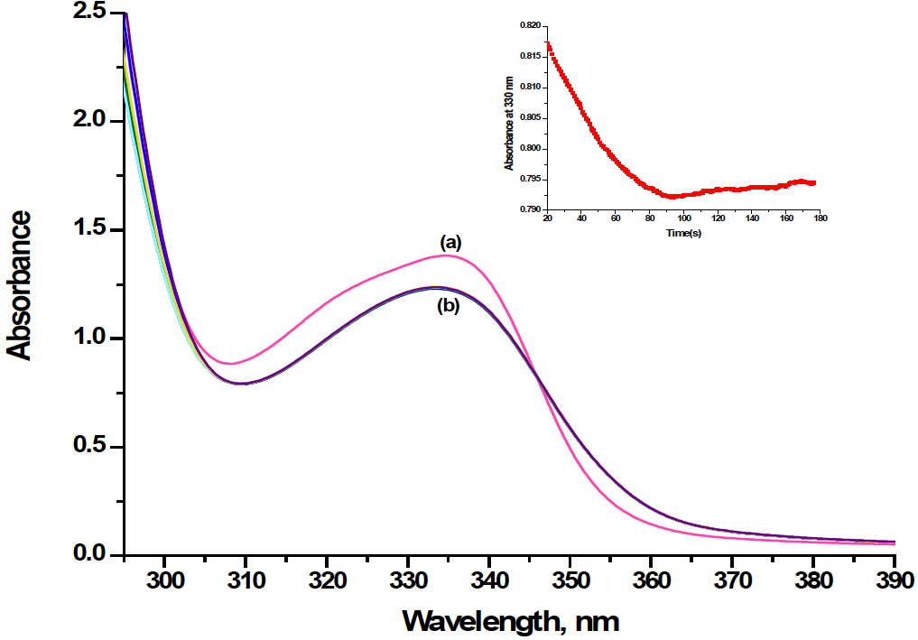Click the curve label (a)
point(449,242)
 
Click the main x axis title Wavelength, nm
point(511,621)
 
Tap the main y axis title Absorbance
point(20,284)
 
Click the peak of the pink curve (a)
point(446,255)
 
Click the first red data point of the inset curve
point(548,43)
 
